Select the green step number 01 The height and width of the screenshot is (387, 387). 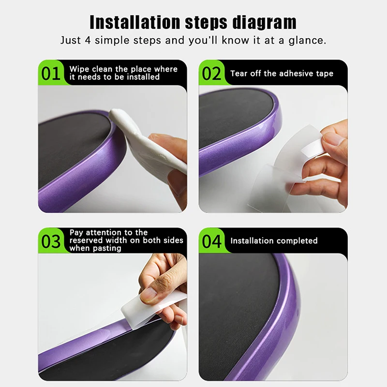click(x=51, y=74)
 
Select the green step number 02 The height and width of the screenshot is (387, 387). click(x=212, y=74)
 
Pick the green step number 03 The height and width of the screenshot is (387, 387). click(x=51, y=241)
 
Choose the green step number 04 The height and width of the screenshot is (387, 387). click(x=212, y=241)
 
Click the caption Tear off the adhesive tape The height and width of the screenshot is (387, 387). click(x=282, y=74)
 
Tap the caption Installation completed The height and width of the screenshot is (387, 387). click(x=274, y=241)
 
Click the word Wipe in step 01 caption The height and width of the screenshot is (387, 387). click(x=79, y=69)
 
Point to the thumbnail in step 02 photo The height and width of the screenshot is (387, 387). click(x=332, y=140)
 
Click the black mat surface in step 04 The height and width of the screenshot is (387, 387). click(x=237, y=314)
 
